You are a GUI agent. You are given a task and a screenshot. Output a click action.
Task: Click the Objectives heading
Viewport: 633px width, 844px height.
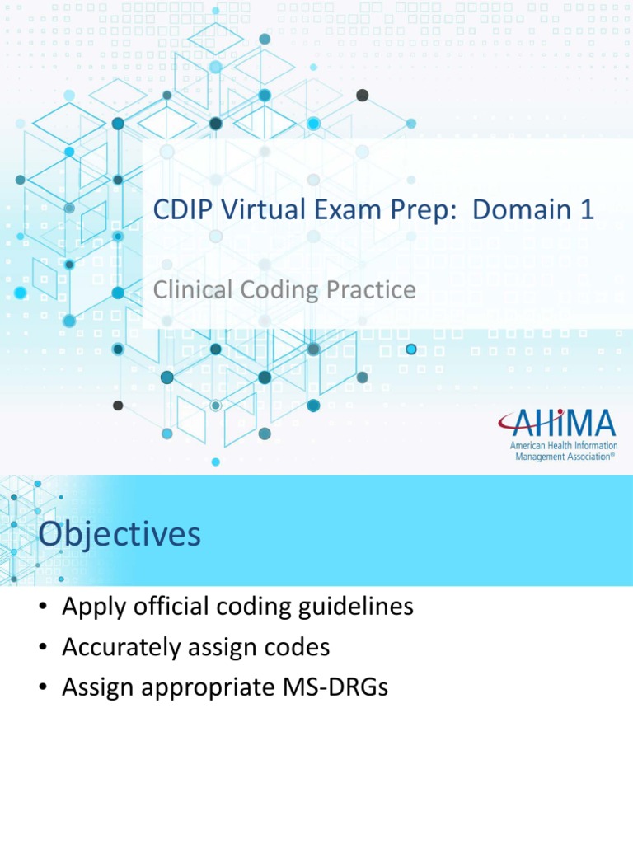tap(120, 534)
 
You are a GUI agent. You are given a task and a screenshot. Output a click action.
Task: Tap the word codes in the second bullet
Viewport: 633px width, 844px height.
tap(300, 648)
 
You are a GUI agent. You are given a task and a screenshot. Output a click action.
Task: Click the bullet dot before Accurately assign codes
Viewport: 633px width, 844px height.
tap(43, 649)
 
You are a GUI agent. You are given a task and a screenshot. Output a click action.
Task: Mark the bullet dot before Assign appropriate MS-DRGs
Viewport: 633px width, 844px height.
tap(43, 687)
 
